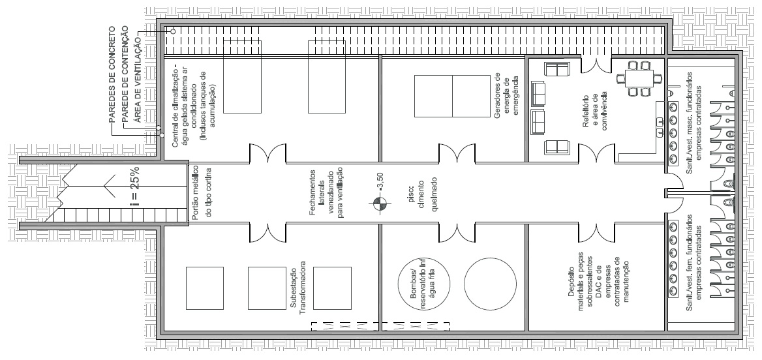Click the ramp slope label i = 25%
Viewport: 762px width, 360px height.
click(136, 188)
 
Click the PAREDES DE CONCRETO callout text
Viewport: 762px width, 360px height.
click(112, 76)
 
